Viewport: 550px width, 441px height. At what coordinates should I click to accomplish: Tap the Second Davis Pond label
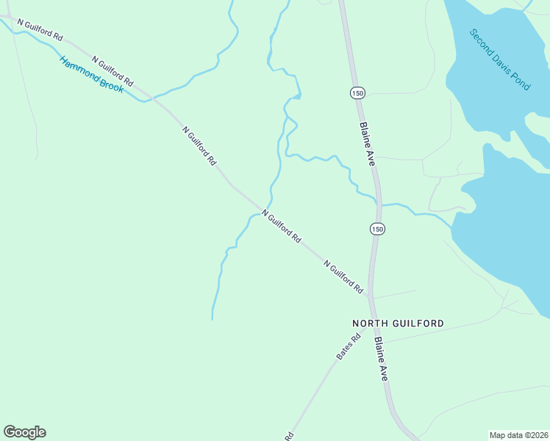coord(500,60)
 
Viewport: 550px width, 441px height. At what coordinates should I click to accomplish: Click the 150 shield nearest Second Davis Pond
coord(357,93)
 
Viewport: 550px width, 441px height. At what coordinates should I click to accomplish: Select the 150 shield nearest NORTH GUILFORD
coord(377,229)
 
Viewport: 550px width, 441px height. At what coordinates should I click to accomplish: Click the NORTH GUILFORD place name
coord(398,323)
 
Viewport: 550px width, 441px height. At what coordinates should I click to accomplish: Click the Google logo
coord(24,432)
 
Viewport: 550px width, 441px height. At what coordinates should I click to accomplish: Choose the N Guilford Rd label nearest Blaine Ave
coord(343,277)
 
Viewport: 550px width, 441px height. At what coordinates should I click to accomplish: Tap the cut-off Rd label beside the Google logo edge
coord(289,436)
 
